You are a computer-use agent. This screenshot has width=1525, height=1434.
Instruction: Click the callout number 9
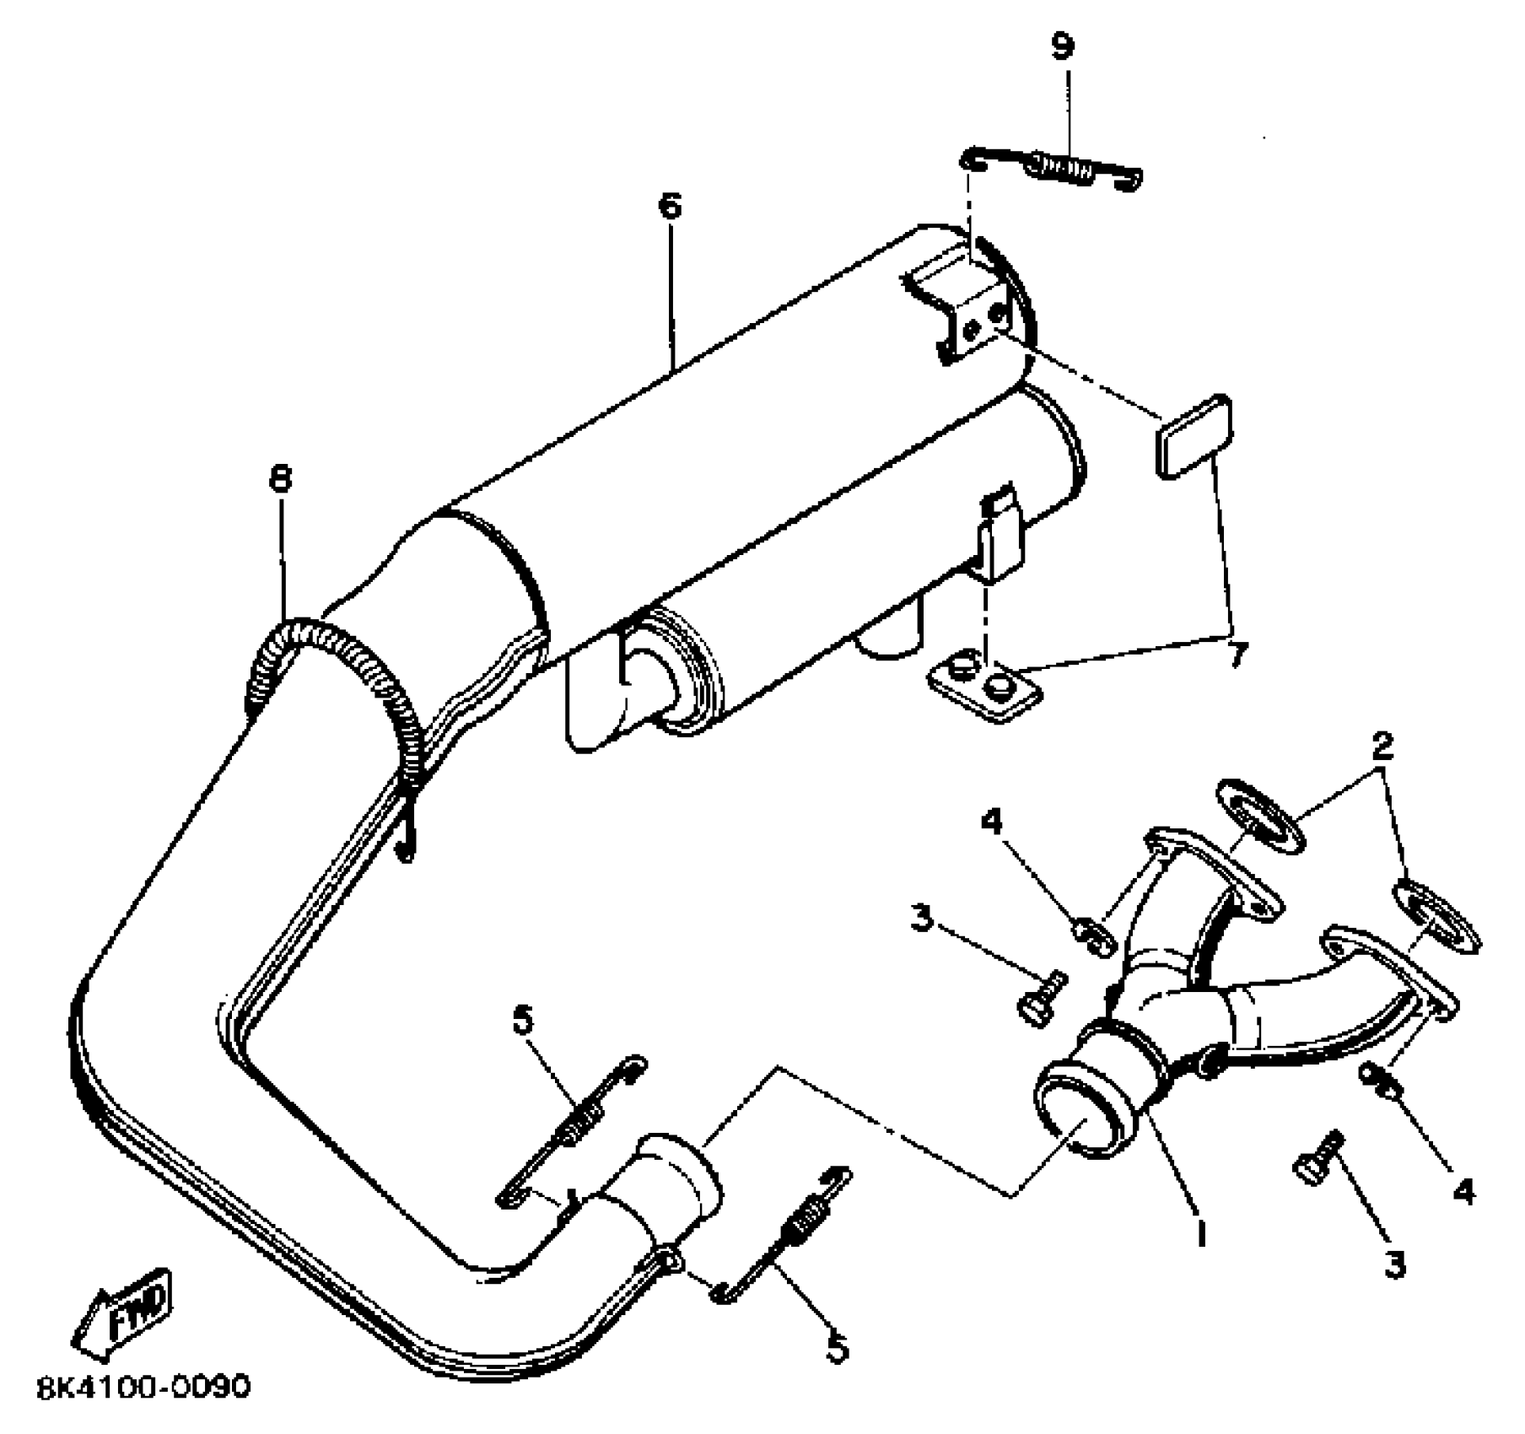1064,46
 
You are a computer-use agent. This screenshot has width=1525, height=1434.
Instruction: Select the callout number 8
280,480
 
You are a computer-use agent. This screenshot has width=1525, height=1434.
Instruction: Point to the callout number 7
1237,654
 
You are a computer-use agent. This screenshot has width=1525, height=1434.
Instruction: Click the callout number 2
1381,746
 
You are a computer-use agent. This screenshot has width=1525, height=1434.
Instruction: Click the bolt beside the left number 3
1043,997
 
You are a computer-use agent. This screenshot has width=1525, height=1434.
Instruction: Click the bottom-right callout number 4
1463,1191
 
